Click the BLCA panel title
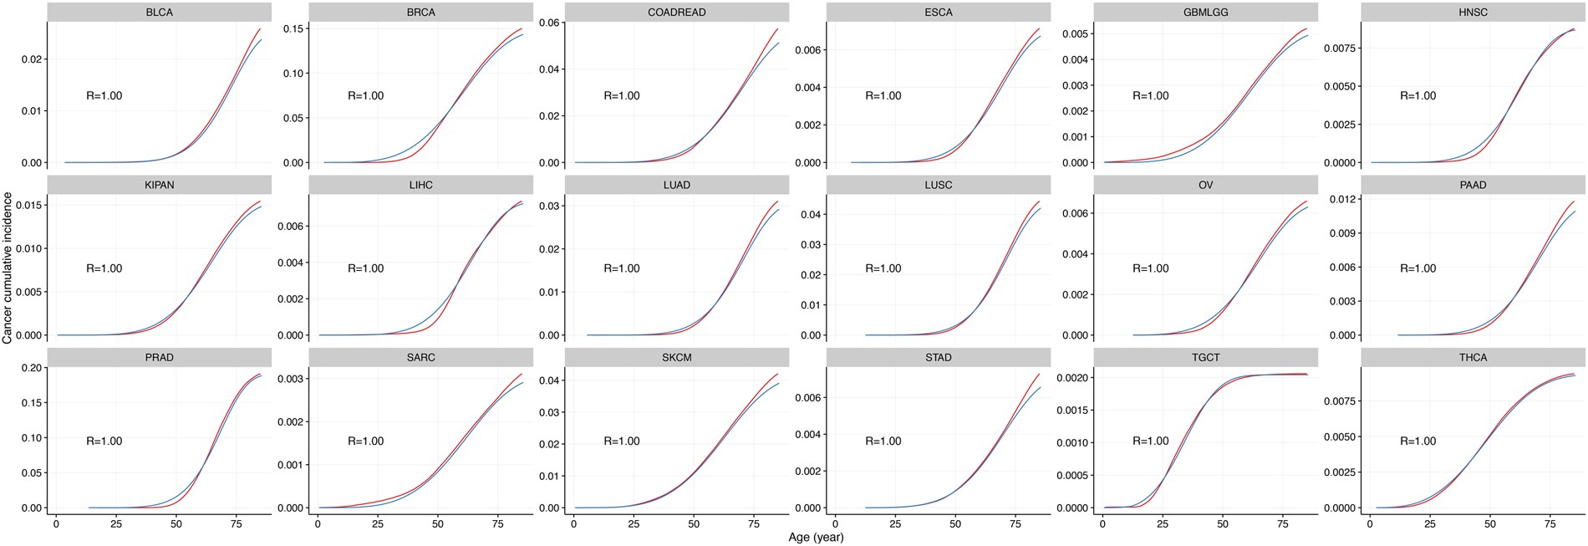pyautogui.click(x=159, y=13)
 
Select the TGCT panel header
pyautogui.click(x=1205, y=357)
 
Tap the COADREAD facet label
pyautogui.click(x=676, y=13)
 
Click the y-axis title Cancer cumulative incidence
pyautogui.click(x=8, y=268)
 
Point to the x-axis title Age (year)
pyautogui.click(x=816, y=537)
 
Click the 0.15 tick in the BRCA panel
pyautogui.click(x=293, y=28)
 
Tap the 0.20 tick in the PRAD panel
pyautogui.click(x=31, y=368)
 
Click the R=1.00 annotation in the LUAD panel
pyautogui.click(x=622, y=268)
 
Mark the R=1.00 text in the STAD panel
pyautogui.click(x=883, y=441)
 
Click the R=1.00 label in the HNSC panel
pyautogui.click(x=1418, y=96)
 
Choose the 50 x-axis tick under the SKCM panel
pyautogui.click(x=694, y=523)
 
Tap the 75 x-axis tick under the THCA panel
pyautogui.click(x=1550, y=523)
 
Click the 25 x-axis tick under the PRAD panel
pyautogui.click(x=115, y=523)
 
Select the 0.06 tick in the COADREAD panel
pyautogui.click(x=549, y=23)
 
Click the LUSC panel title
pyautogui.click(x=938, y=185)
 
